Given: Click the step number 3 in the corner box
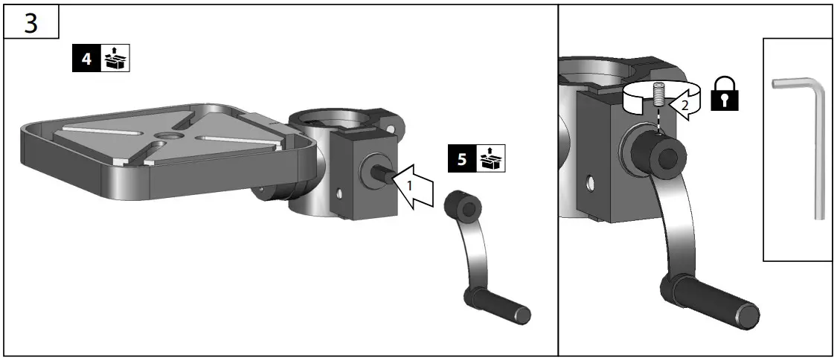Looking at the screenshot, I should [31, 23].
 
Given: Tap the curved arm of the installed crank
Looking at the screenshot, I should [673, 223].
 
